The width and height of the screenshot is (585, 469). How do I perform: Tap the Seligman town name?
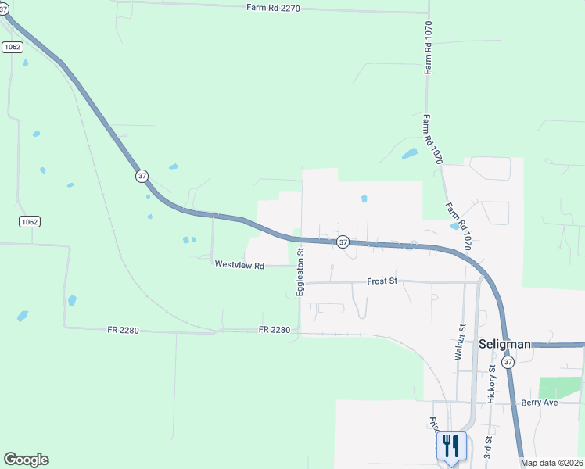click(504, 344)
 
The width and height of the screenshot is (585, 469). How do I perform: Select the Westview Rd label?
click(240, 266)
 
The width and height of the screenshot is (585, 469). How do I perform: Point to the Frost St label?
click(382, 281)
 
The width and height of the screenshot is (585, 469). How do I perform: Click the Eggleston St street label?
click(300, 269)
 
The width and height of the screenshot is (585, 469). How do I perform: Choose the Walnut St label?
click(460, 342)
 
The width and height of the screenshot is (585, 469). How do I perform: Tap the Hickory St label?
click(491, 382)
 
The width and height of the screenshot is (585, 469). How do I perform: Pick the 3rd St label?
click(486, 448)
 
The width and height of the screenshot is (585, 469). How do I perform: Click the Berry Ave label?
click(539, 403)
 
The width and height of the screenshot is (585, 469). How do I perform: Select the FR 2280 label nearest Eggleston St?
click(275, 330)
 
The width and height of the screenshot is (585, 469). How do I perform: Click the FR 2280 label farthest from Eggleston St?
click(124, 331)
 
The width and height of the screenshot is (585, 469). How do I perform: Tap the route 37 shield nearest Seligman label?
click(508, 362)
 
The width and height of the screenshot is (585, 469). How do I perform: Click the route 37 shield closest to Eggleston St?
click(343, 242)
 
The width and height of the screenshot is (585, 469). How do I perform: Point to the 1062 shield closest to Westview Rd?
click(30, 222)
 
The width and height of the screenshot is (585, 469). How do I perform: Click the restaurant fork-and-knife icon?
click(451, 446)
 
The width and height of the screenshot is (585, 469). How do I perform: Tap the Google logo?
click(26, 460)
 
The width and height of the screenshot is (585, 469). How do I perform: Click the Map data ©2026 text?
click(552, 463)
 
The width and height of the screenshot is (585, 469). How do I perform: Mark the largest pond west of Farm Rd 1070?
click(409, 153)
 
